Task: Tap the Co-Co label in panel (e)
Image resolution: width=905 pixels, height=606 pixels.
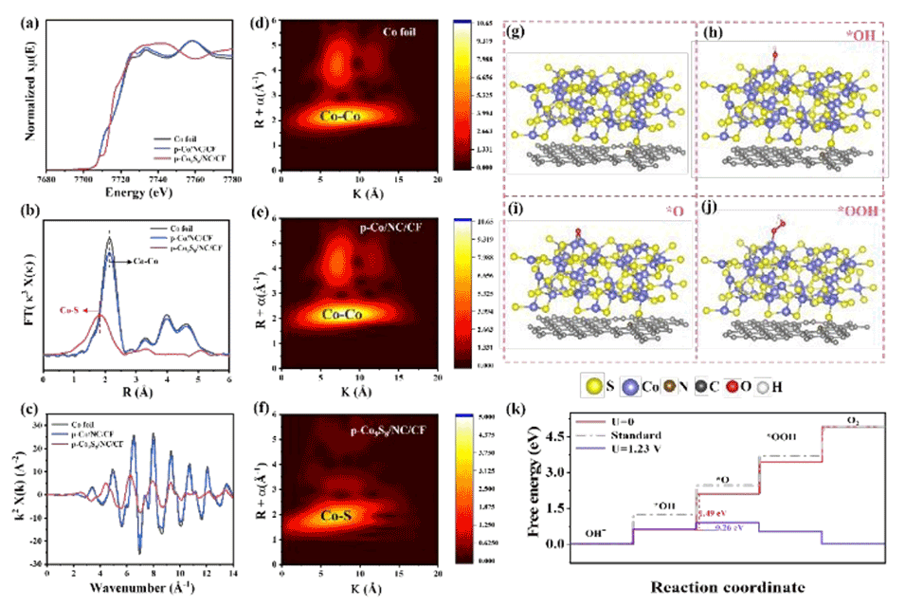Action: point(347,313)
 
